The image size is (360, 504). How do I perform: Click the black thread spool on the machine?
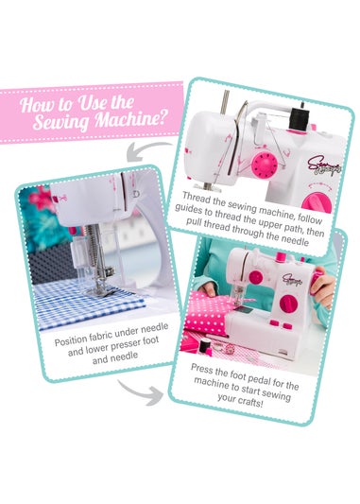(294, 120)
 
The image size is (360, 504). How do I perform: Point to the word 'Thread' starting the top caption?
(200, 199)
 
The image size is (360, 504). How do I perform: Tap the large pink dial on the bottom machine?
(289, 304)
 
